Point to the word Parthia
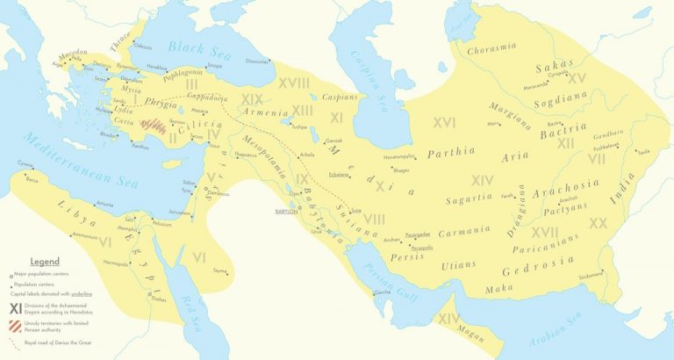click(452, 154)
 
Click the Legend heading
click(44, 262)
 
